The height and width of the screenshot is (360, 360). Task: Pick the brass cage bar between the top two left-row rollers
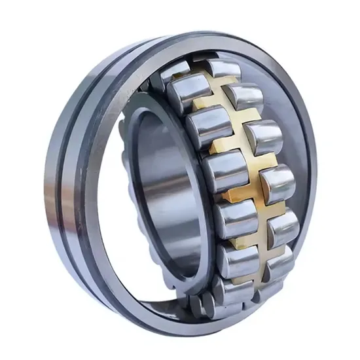coord(203,105)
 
